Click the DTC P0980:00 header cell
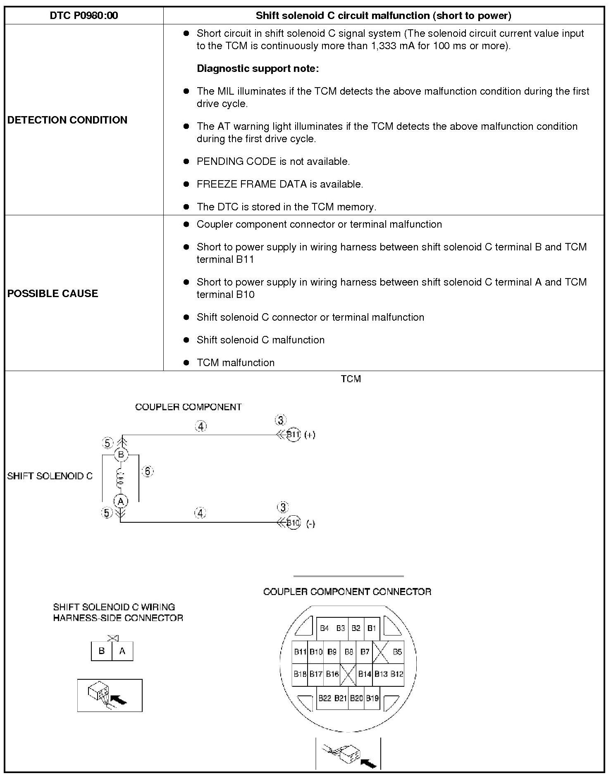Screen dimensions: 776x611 [84, 16]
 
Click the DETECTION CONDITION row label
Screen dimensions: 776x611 [67, 120]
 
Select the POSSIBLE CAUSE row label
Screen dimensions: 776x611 [53, 293]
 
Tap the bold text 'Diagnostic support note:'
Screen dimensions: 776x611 [258, 69]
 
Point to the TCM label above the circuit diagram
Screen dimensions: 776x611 [351, 379]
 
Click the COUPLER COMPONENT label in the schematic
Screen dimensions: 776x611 [188, 407]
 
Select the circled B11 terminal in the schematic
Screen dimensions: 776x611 [293, 434]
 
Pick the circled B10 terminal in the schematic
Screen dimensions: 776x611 [293, 523]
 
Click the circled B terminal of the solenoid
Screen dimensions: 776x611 [121, 455]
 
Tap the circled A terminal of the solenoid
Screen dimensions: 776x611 [121, 501]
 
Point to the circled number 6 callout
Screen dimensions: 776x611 [148, 471]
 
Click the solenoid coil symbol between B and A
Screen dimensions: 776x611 [121, 478]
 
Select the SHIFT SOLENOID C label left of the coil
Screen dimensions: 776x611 [50, 476]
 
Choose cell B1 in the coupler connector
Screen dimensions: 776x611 [372, 628]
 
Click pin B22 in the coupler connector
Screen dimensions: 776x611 [325, 698]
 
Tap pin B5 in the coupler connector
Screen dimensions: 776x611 [397, 652]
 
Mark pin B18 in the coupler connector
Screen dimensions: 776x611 [300, 674]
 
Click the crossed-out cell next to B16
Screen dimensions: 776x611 [348, 674]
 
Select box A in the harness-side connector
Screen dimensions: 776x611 [122, 651]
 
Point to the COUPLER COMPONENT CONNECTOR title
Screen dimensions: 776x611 [347, 592]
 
